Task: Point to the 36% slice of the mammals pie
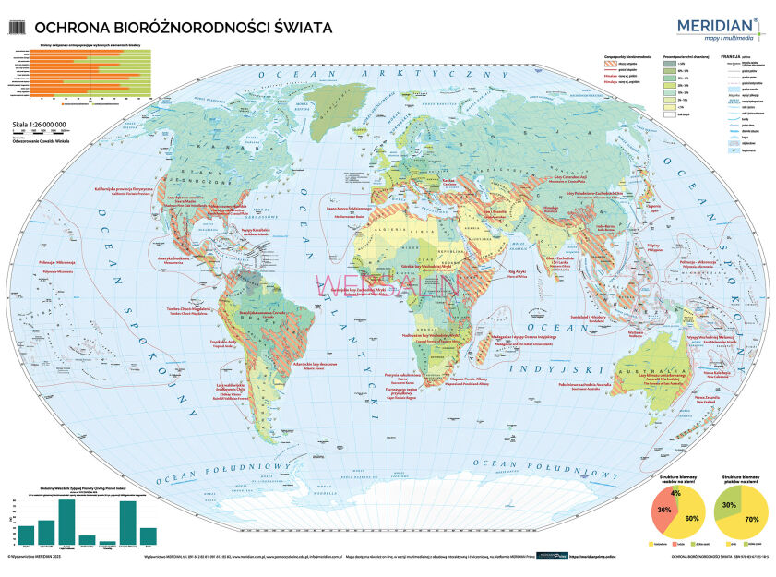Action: [664, 509]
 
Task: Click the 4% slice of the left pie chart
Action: [676, 493]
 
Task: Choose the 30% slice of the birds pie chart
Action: [729, 504]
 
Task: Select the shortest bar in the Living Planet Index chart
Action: [108, 542]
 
